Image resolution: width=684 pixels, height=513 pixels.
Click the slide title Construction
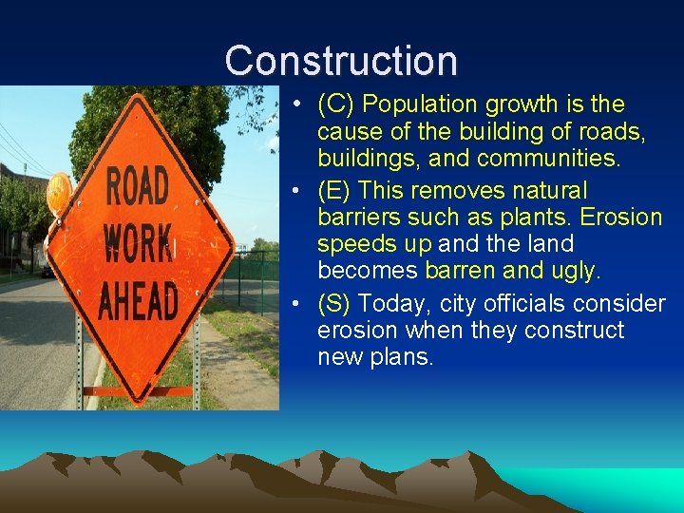(x=341, y=61)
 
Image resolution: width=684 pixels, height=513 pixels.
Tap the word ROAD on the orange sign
(x=138, y=187)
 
